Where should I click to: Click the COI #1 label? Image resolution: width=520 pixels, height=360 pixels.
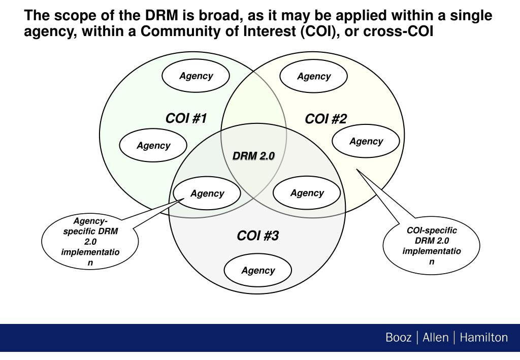[186, 119]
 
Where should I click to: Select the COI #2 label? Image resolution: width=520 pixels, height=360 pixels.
[326, 119]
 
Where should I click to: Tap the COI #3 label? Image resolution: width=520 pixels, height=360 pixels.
[258, 236]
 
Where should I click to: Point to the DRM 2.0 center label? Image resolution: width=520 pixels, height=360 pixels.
[253, 156]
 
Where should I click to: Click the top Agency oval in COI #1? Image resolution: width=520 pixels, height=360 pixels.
[196, 76]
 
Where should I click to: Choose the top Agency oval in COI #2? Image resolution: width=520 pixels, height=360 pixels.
[314, 77]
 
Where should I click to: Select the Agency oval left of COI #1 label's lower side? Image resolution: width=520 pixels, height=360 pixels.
[153, 146]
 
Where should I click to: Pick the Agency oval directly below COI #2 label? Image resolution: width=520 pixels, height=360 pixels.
[366, 141]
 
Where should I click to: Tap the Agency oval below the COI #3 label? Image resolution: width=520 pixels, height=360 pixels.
[258, 271]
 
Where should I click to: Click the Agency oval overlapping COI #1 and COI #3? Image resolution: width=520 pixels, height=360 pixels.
[207, 193]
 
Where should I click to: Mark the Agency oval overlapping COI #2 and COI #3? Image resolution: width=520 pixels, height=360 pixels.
[307, 193]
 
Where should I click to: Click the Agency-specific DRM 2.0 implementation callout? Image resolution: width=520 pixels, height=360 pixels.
[90, 242]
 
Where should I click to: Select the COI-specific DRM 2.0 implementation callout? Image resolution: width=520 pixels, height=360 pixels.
[432, 246]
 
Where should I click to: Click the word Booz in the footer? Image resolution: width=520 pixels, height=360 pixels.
[399, 338]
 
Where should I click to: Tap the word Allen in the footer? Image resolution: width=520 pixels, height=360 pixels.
[435, 338]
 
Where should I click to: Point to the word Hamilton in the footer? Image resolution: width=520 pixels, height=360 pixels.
[483, 338]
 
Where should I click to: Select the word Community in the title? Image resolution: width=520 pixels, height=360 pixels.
[175, 32]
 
